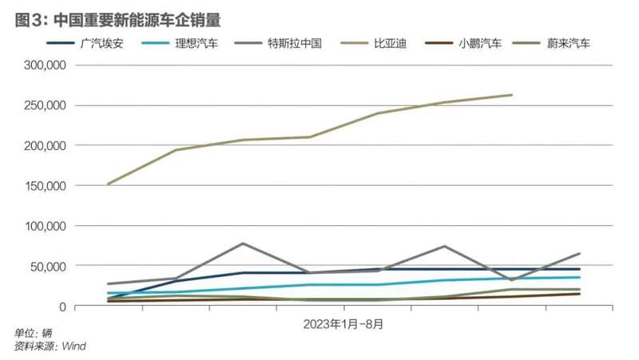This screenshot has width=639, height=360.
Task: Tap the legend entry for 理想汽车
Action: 196,43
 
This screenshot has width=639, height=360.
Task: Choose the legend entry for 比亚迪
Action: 391,43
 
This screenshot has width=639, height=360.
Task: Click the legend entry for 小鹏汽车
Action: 480,43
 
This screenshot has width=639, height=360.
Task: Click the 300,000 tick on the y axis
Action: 42,65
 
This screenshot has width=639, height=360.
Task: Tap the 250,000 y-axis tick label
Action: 42,105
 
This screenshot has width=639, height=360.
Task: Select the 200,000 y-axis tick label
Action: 42,145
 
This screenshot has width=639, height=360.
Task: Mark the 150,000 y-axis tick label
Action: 42,186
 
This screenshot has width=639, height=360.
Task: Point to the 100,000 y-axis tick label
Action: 42,226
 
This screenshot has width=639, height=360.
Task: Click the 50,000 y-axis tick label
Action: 46,266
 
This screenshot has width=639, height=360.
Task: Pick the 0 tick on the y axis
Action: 62,306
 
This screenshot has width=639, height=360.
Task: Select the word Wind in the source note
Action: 74,346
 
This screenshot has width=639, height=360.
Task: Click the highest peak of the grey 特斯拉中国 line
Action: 243,243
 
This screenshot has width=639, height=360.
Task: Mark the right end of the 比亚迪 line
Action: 512,95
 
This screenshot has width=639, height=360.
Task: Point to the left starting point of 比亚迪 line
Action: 108,184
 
